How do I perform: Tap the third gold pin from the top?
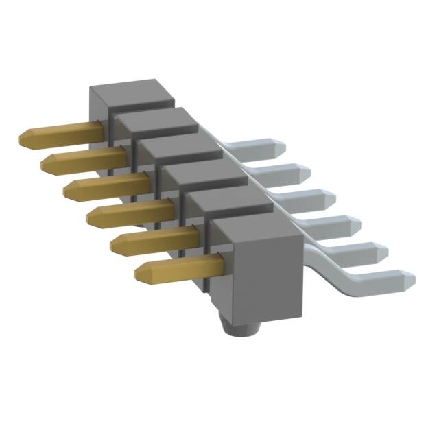(106, 186)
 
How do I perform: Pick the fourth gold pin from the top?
(130, 212)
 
